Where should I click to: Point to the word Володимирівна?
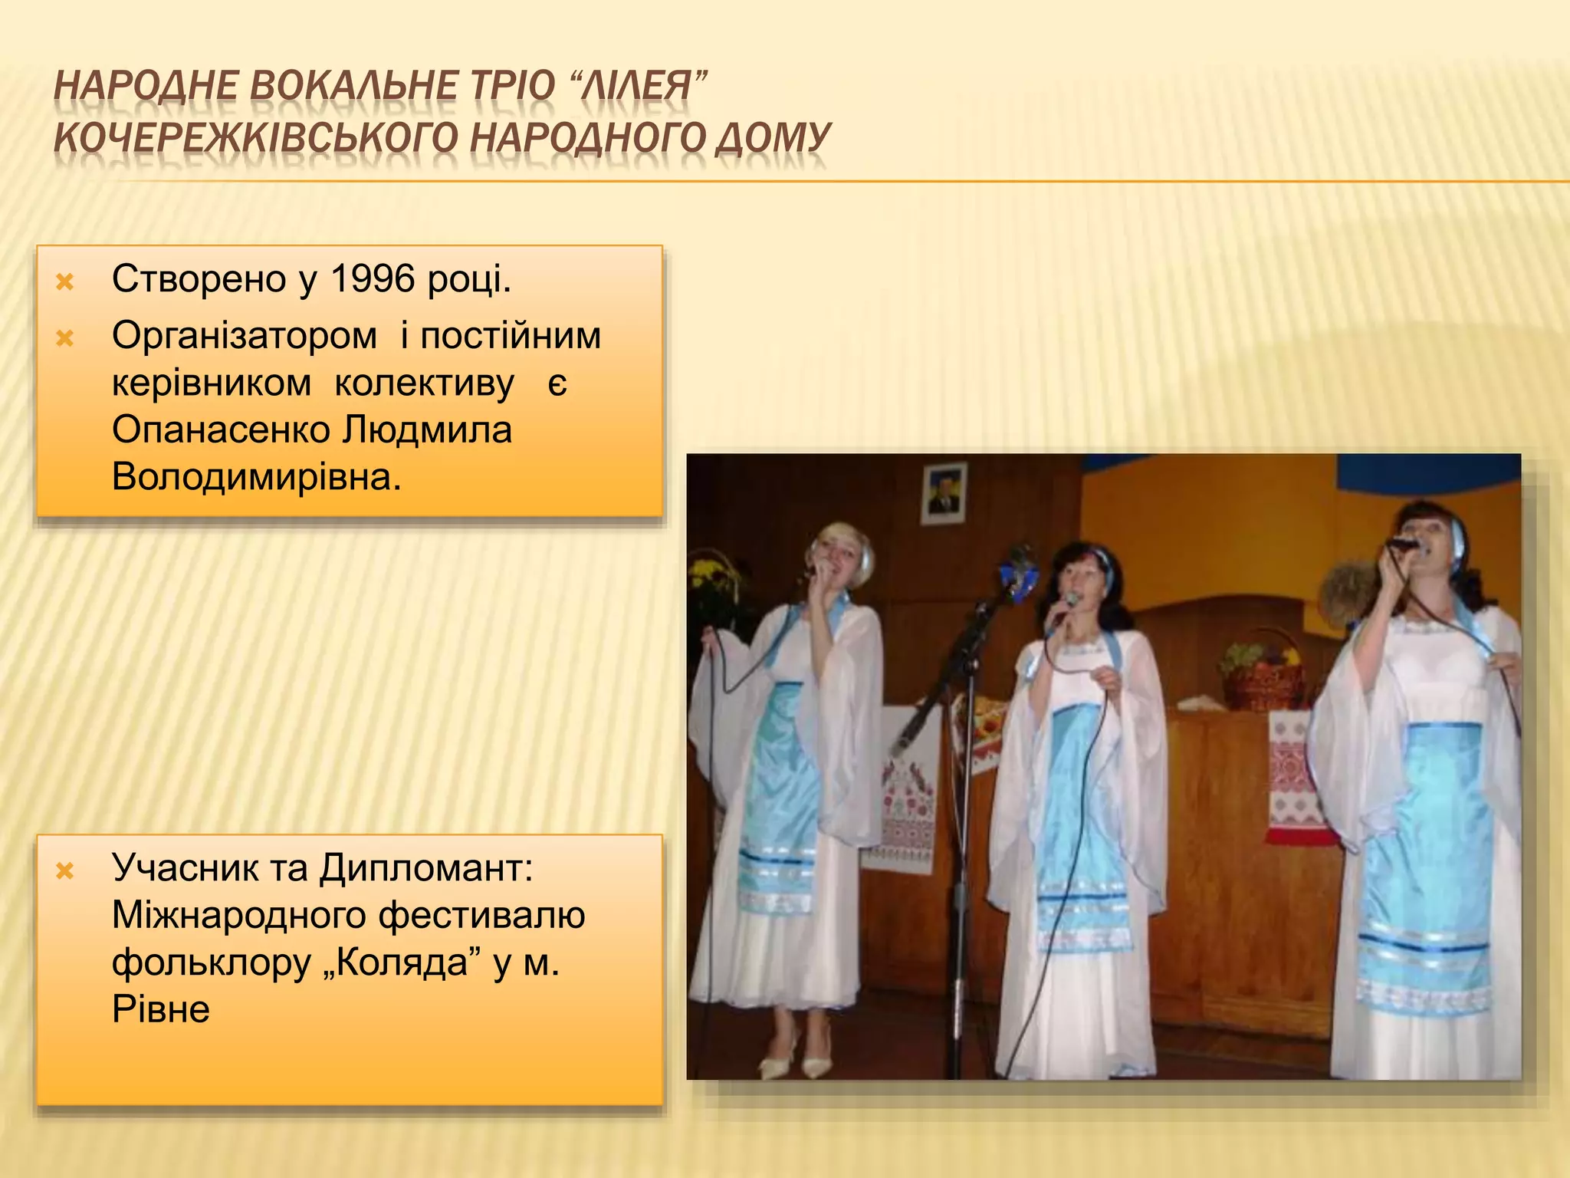[x=256, y=477]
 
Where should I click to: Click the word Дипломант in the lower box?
[x=425, y=867]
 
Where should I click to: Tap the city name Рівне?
[x=160, y=1009]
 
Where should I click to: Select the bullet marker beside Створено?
[x=65, y=281]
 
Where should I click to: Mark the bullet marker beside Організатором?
[x=65, y=338]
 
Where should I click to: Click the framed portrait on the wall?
[x=944, y=493]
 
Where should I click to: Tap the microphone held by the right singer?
[x=1402, y=544]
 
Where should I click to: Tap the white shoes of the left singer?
[x=797, y=1062]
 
